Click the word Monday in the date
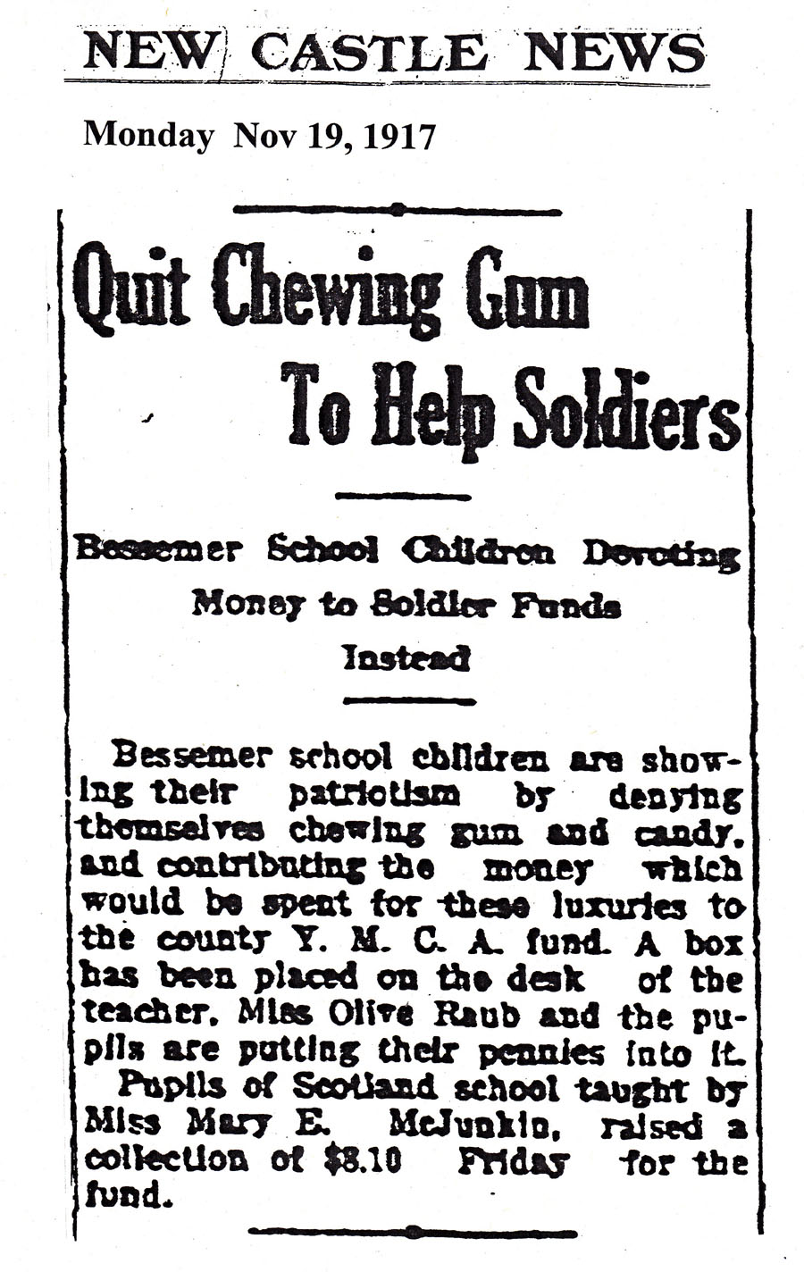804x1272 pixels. tap(148, 136)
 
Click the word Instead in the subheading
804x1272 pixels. tap(406, 658)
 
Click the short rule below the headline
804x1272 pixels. tap(400, 495)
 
